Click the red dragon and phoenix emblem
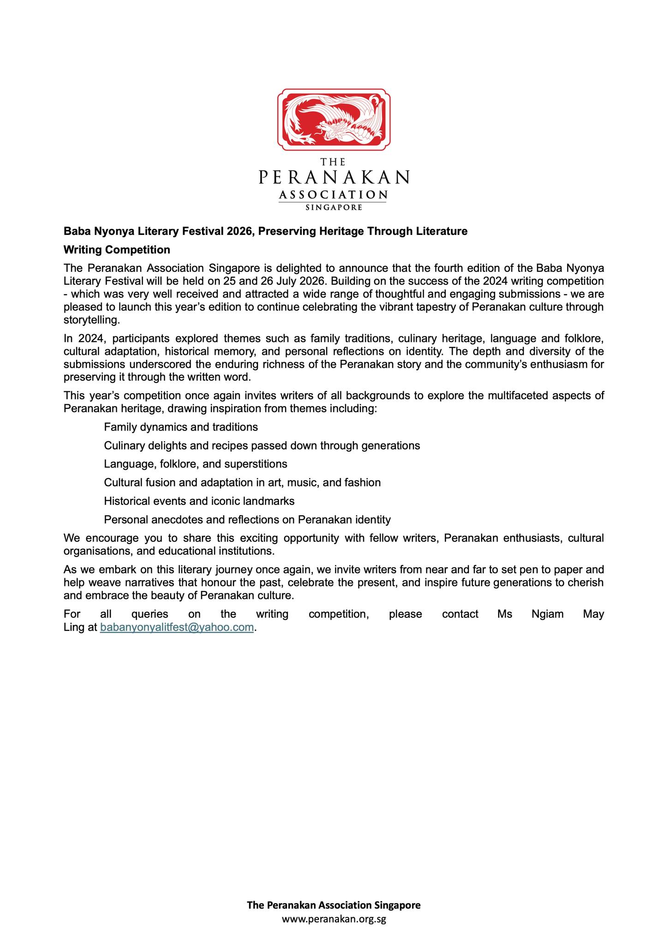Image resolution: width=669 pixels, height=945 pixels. coord(334,120)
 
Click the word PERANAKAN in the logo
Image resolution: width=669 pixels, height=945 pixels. coord(334,177)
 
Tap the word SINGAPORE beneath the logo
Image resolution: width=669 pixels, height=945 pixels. coord(334,208)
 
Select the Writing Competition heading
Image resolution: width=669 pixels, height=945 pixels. coord(117,250)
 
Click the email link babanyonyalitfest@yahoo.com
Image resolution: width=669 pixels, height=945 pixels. coord(177,627)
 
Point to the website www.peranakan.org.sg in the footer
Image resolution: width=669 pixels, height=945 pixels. coord(334,919)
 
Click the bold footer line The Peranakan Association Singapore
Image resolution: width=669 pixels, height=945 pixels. coord(334,905)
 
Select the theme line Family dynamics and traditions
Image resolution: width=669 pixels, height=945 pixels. coord(181,427)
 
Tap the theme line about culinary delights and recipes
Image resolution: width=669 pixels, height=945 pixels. coord(262,445)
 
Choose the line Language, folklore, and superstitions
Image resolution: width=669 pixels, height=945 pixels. coord(196,464)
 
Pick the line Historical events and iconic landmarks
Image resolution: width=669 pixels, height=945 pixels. coord(199,501)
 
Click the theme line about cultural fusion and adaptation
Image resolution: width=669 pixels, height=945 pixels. coord(242,483)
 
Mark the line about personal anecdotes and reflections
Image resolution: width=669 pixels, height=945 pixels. coord(247,520)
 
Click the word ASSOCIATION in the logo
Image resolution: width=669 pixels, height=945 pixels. coord(333,195)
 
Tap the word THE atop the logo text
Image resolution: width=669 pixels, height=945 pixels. coord(333,162)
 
